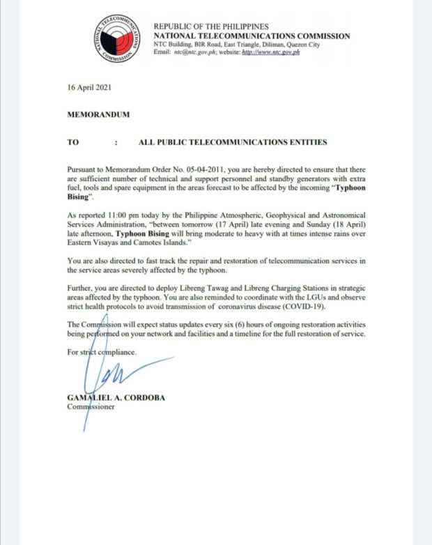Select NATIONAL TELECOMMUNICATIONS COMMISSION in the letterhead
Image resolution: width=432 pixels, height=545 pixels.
(252, 36)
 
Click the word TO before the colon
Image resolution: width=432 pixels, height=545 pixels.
(73, 141)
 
